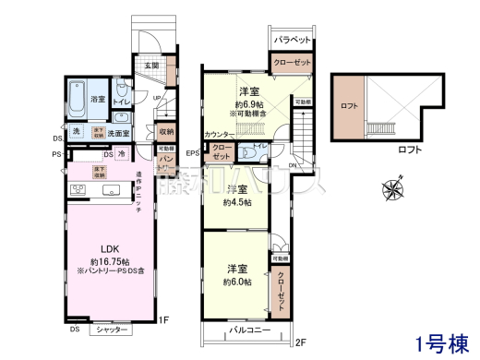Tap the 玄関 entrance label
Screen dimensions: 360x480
pos(151,66)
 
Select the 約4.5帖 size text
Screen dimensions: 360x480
pos(237,205)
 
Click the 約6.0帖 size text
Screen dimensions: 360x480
pos(238,282)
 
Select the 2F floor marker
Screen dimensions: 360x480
pos(300,342)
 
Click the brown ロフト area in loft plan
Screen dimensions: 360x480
pos(350,104)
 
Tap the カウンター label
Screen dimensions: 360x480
pos(219,136)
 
